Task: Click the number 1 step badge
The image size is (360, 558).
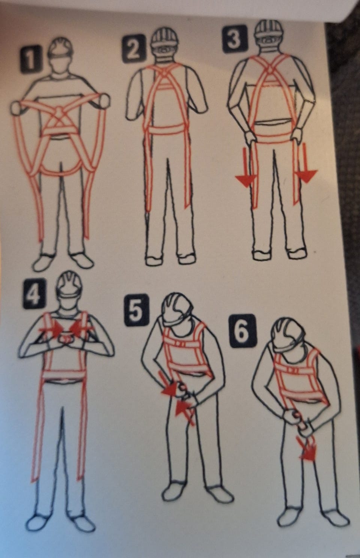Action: click(x=30, y=59)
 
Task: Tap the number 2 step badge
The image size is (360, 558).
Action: click(x=134, y=48)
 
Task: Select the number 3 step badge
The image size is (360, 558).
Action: click(x=235, y=39)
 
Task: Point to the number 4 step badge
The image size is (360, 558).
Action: click(x=34, y=294)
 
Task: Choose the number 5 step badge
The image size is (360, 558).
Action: click(x=136, y=310)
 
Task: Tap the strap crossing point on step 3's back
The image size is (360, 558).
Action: click(x=270, y=69)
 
